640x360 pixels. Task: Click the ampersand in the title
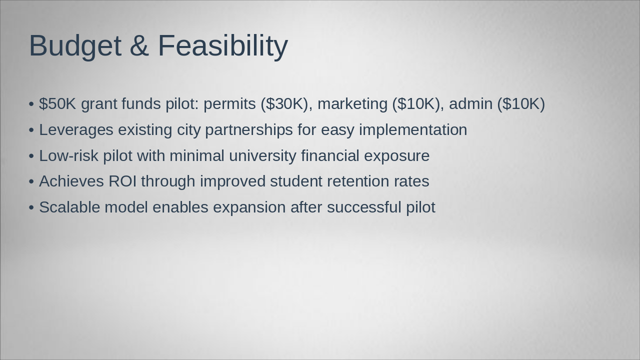139,46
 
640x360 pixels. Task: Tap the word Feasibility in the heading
222,46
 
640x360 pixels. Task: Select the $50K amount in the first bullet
57,104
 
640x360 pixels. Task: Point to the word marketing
352,104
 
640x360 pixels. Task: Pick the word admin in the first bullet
470,104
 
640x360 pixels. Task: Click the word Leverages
76,130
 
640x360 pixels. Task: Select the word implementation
412,130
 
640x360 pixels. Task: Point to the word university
262,156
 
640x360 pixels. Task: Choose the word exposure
396,156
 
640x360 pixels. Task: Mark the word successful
363,207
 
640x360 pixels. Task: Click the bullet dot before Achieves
31,182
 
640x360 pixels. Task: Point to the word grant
98,104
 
